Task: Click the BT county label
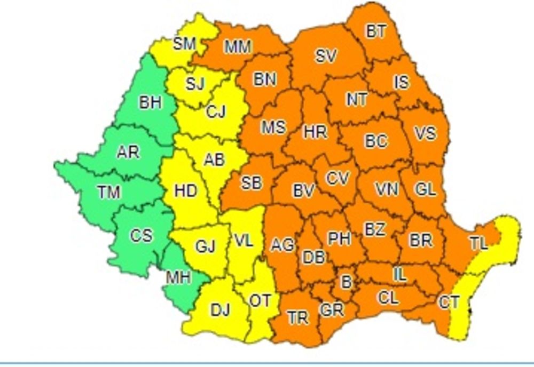click(x=376, y=31)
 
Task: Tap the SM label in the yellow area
click(x=185, y=44)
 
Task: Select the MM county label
click(x=238, y=47)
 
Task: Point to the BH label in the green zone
click(x=150, y=102)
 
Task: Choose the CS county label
click(x=142, y=235)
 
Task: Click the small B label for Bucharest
click(x=346, y=282)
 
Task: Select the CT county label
click(x=449, y=302)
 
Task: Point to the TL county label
click(x=478, y=243)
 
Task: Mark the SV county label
click(x=325, y=56)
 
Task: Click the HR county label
click(x=315, y=131)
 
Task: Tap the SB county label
click(x=251, y=182)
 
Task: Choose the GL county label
click(x=425, y=189)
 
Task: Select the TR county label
click(x=298, y=318)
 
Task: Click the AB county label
click(x=215, y=159)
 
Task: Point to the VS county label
click(x=425, y=133)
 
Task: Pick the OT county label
click(x=261, y=301)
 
